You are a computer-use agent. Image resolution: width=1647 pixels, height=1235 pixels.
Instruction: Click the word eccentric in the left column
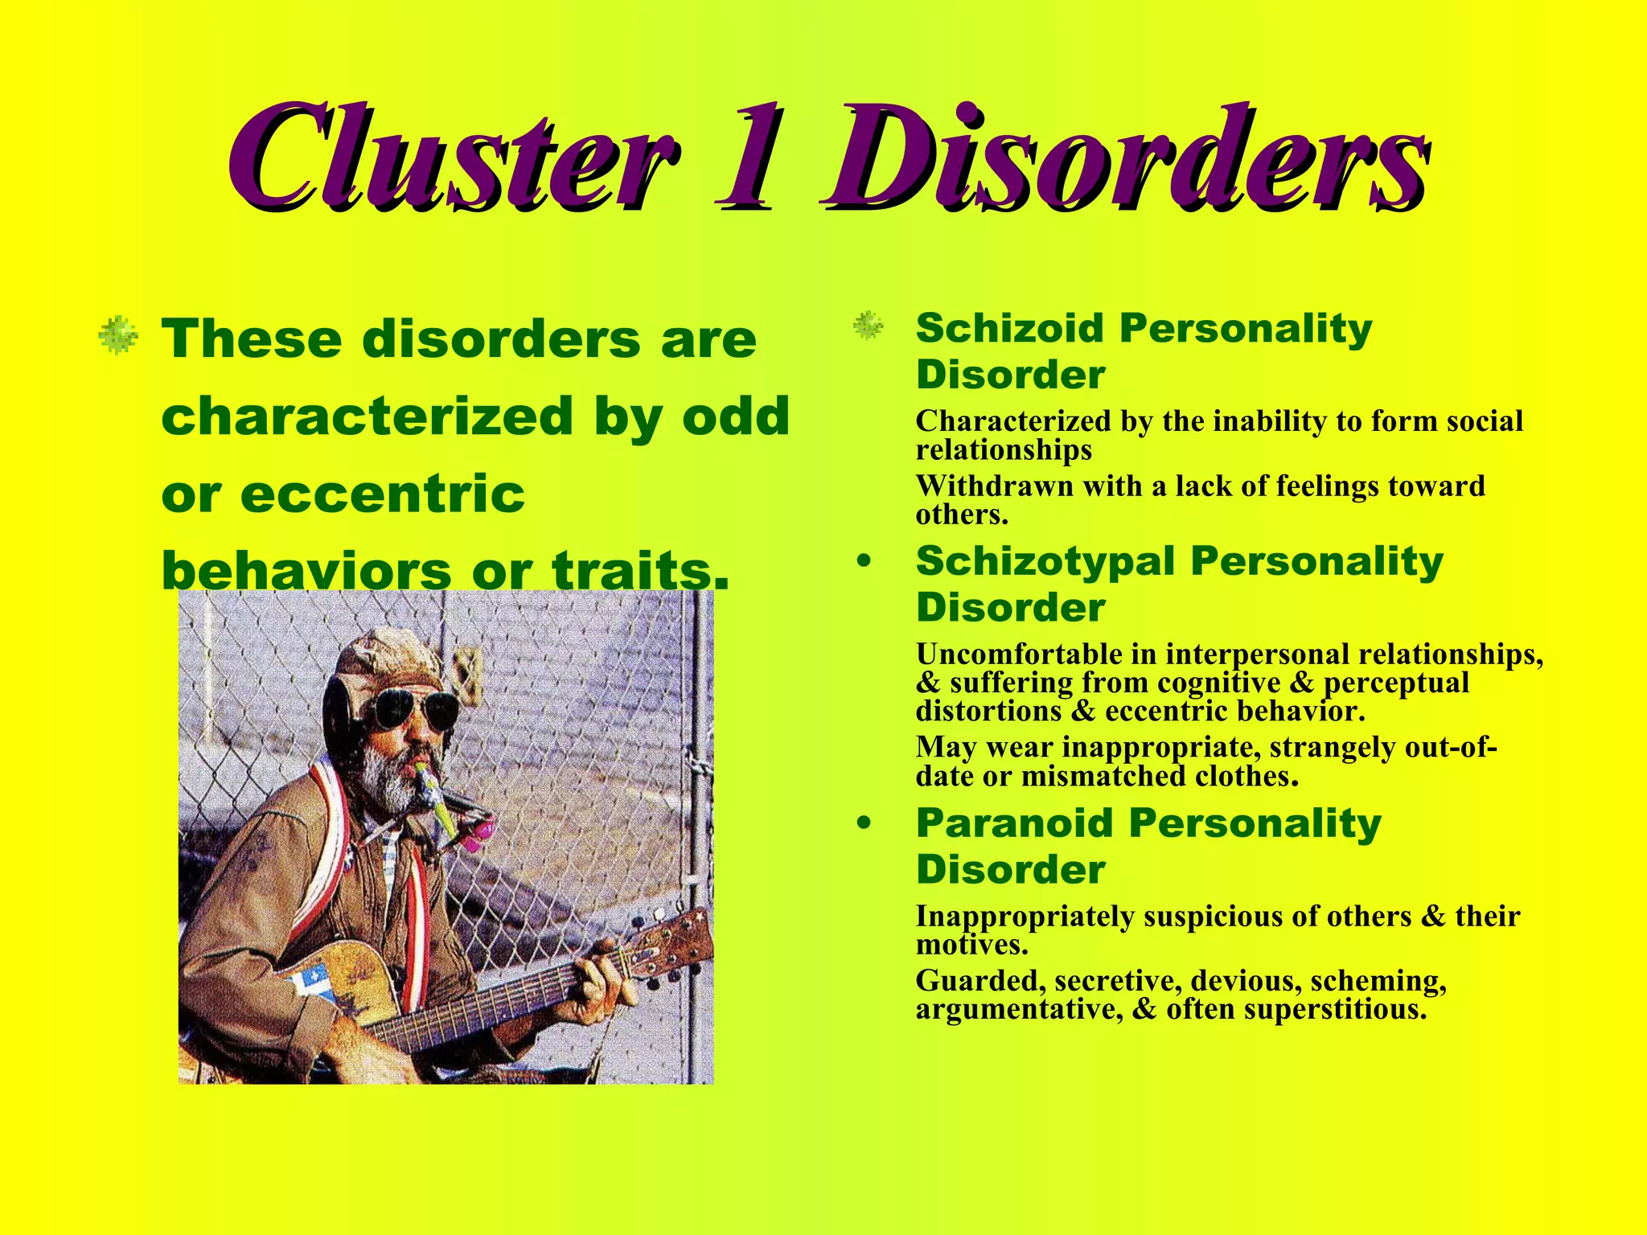coord(383,494)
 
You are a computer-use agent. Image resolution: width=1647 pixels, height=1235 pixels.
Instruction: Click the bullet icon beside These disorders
coord(118,335)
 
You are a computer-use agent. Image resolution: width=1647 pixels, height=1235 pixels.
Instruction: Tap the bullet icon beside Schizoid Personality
coord(868,326)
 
